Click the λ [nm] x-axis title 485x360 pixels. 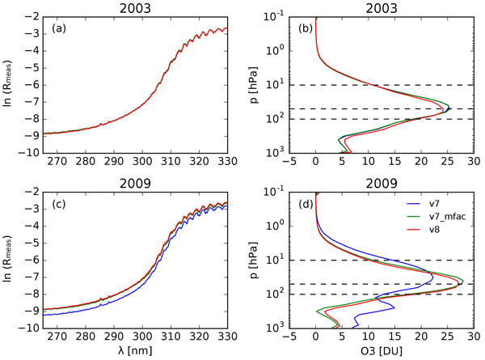point(153,351)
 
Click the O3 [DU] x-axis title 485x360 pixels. point(386,351)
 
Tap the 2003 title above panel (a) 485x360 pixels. point(153,7)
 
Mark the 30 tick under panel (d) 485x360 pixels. point(474,337)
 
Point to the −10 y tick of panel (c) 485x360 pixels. point(29,328)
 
